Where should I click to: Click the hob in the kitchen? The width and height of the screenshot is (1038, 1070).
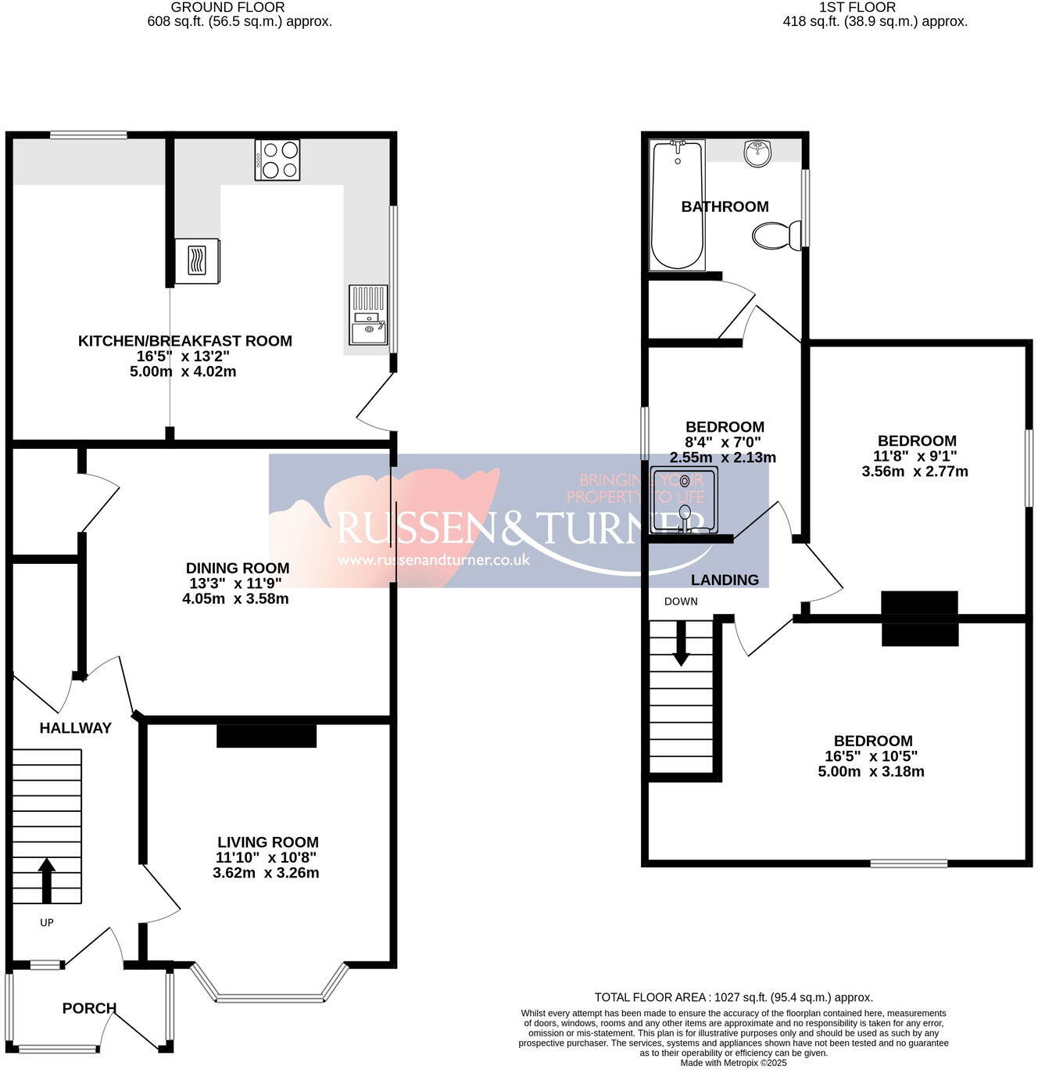point(277,160)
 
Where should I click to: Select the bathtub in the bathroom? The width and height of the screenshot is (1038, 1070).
point(678,205)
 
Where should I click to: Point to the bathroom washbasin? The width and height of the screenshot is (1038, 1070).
point(757,153)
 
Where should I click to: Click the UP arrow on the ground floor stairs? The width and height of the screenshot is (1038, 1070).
point(47,880)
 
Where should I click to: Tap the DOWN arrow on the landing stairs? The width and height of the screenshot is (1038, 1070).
point(681,644)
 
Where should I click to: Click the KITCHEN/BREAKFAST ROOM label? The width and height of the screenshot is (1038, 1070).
point(184,341)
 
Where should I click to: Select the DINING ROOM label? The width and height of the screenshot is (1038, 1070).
point(237,568)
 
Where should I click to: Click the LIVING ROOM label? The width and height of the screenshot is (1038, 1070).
point(267,842)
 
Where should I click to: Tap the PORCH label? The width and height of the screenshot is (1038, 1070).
point(89,1008)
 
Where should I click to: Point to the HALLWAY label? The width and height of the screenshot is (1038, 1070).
point(75,728)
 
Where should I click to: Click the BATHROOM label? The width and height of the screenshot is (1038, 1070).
point(725,206)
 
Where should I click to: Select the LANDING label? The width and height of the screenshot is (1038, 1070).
point(725,580)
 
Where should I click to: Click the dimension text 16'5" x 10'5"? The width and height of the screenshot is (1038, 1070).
point(871,756)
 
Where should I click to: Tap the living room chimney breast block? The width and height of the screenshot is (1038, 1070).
point(266,736)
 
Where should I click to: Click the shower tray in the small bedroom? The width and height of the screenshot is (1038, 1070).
point(678,501)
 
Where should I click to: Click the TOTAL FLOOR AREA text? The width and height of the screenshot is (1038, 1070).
point(733,997)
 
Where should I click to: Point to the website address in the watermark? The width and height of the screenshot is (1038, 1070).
point(434,560)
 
